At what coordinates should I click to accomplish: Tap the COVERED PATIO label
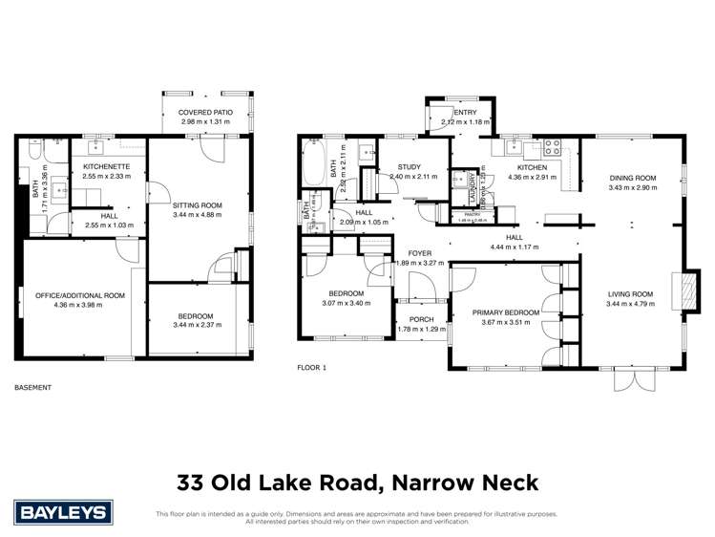(x=206, y=113)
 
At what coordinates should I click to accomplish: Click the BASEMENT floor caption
(x=33, y=387)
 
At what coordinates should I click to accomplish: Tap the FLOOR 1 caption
(x=311, y=367)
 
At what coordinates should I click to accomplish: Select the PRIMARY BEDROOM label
(x=506, y=312)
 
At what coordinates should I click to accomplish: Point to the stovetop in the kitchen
(x=551, y=148)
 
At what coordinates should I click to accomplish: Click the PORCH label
(x=421, y=320)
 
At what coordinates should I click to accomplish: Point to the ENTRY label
(x=465, y=113)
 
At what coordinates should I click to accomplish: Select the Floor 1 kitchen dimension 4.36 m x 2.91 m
(x=529, y=177)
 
